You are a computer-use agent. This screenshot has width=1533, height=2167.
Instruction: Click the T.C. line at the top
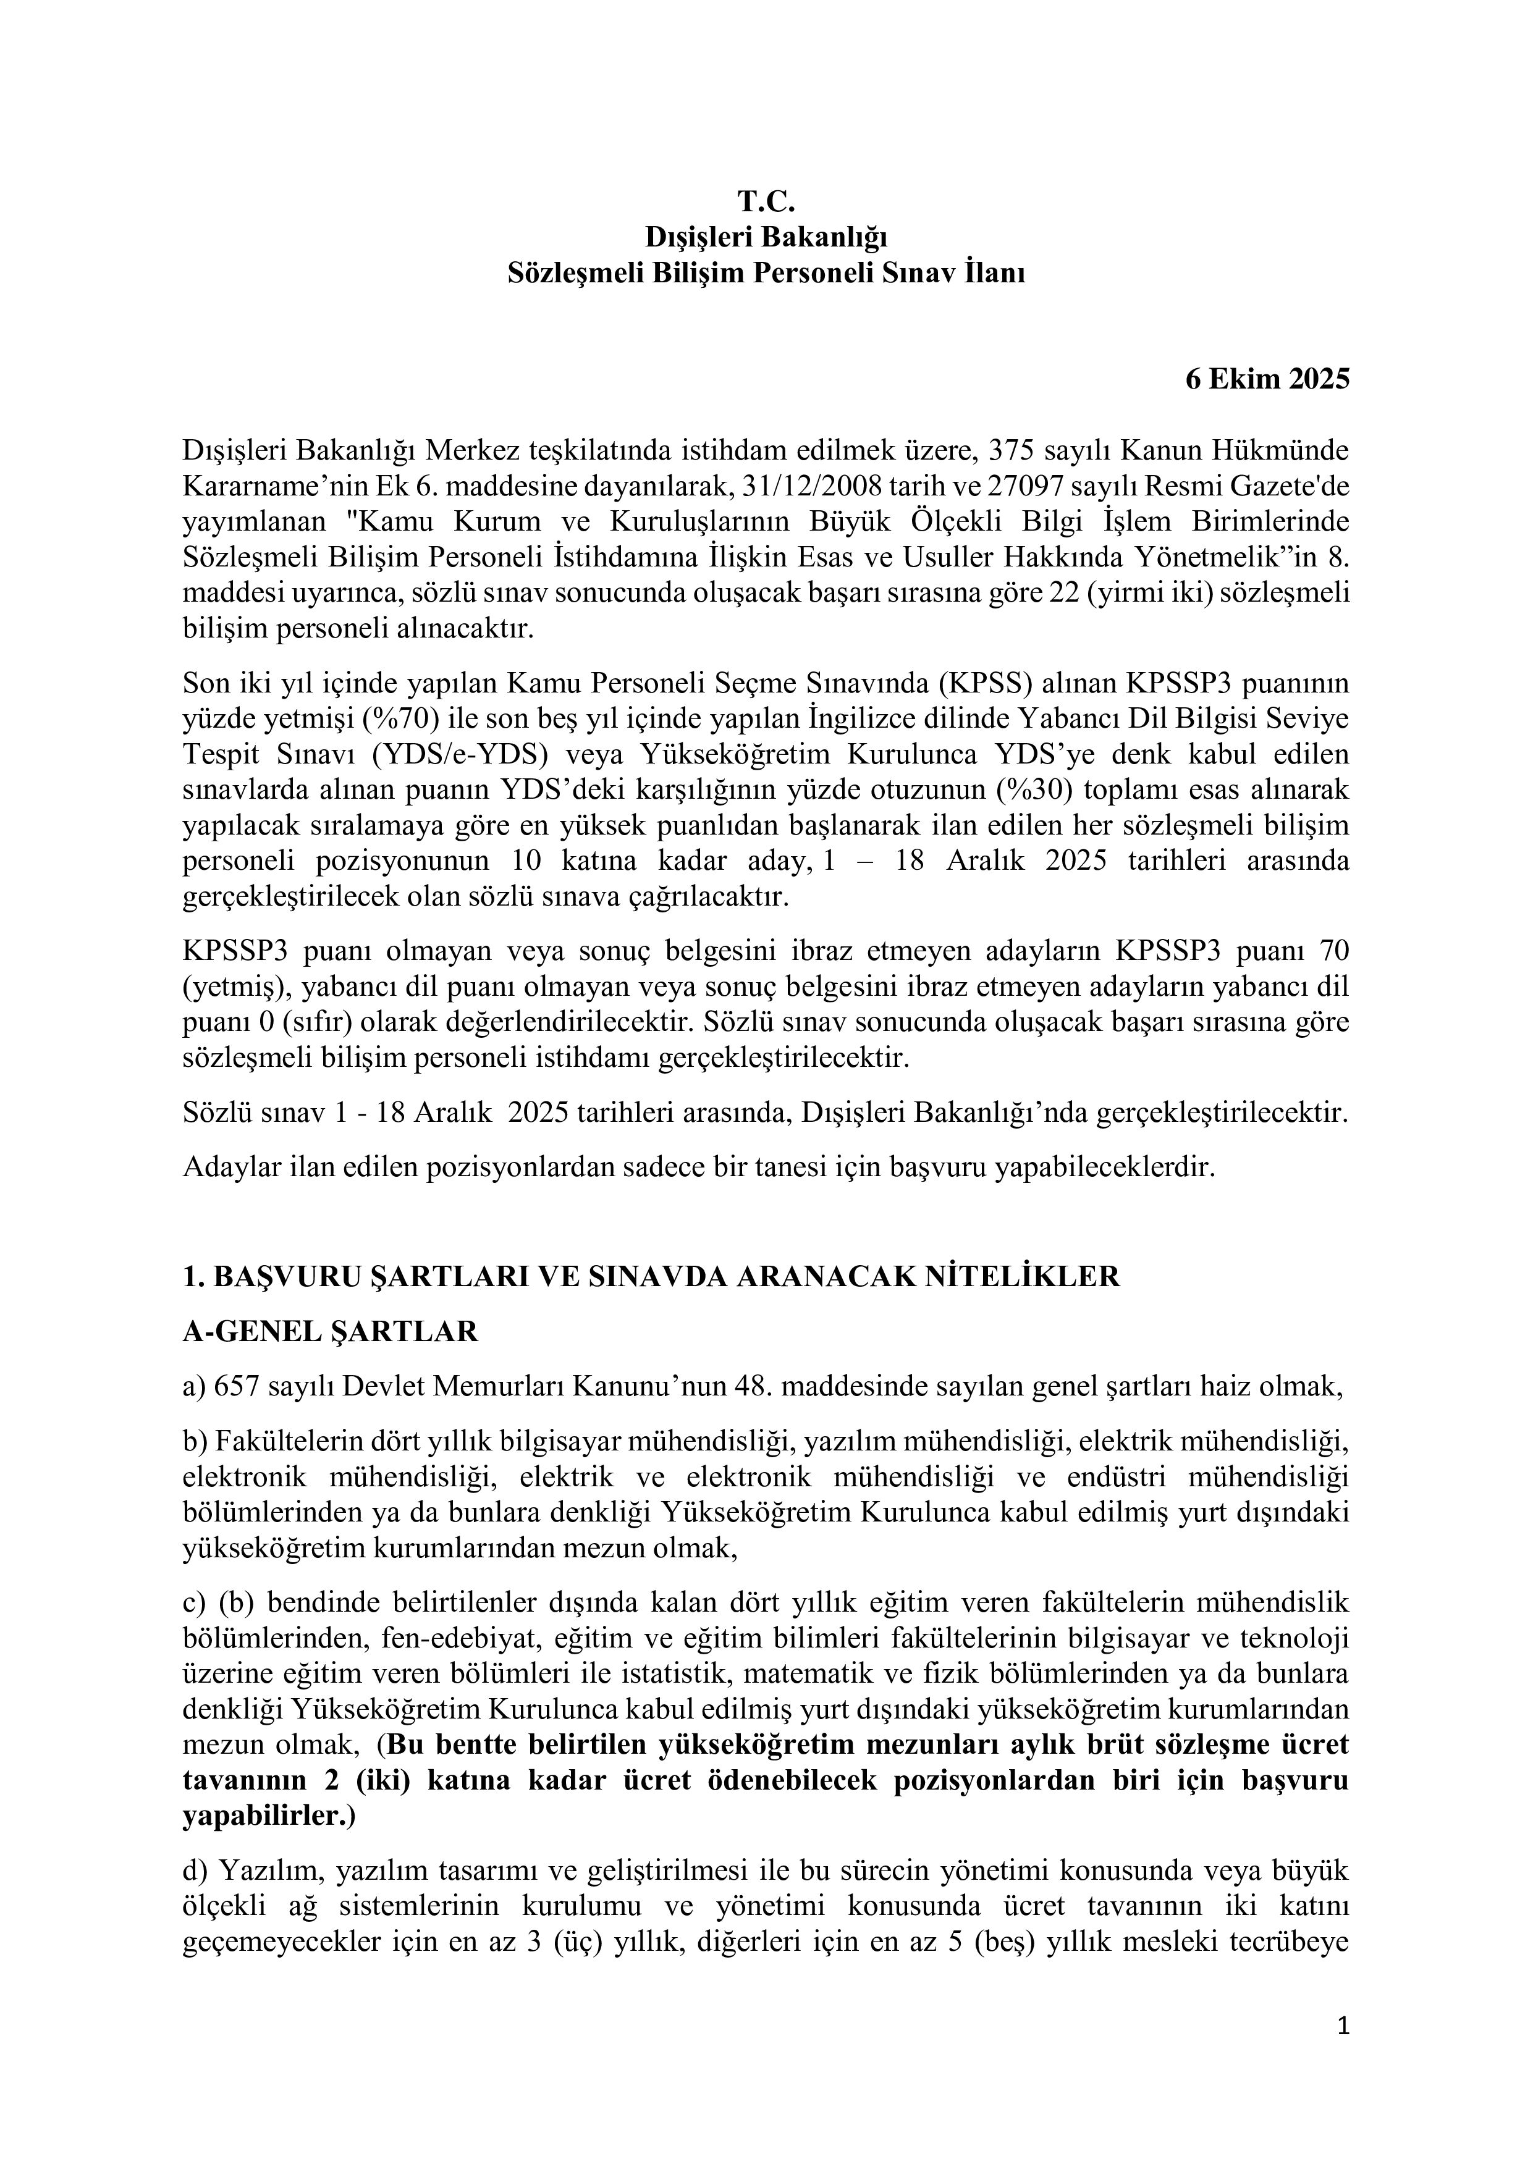coord(766,202)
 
